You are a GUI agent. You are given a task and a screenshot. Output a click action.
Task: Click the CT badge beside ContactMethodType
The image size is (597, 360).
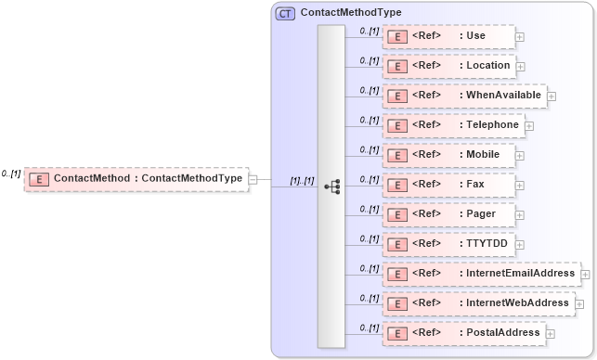[285, 13]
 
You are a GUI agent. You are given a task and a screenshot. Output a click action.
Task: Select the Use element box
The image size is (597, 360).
[448, 36]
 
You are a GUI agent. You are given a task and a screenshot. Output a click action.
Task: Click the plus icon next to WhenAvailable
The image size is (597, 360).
[552, 96]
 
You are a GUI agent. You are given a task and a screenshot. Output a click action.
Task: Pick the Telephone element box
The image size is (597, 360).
[453, 125]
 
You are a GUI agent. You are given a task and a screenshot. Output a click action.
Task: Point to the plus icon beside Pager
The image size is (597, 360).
[519, 214]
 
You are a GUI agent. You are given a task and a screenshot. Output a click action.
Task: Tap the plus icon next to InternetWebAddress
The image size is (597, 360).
[579, 303]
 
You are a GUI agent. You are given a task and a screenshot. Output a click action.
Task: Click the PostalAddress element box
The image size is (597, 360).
[463, 333]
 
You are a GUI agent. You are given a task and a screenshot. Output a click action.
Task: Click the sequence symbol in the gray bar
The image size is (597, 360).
[331, 186]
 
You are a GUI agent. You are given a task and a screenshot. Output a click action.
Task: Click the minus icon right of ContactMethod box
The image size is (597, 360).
[253, 179]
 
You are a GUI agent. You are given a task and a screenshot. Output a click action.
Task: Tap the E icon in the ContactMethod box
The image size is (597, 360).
[39, 179]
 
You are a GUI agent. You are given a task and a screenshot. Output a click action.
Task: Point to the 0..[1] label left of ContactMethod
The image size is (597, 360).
[11, 174]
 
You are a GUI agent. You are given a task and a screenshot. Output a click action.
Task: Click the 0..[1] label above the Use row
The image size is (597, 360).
[369, 31]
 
